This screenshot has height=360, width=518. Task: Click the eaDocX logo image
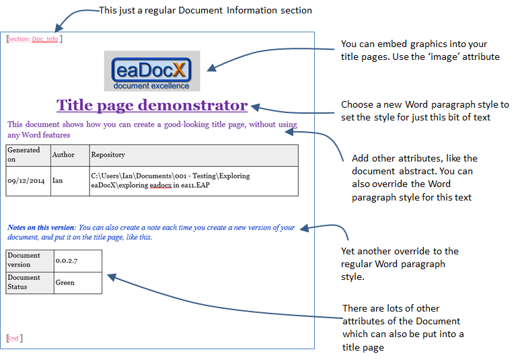(x=152, y=71)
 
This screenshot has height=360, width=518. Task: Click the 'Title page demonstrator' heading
(x=152, y=106)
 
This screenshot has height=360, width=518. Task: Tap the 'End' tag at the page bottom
(x=15, y=338)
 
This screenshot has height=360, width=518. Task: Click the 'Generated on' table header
(x=28, y=155)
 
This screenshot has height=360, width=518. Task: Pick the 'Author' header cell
(x=70, y=155)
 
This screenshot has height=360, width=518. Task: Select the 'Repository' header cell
(x=194, y=155)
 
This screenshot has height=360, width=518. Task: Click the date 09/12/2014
(x=26, y=181)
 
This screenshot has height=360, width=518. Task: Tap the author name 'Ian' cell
(x=57, y=180)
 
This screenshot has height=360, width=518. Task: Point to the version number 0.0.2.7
(x=67, y=260)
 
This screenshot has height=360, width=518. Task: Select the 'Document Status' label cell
(x=30, y=283)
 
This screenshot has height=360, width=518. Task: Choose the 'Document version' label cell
(x=30, y=260)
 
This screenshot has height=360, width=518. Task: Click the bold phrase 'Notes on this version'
(x=41, y=227)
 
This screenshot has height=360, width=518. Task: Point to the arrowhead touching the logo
(x=211, y=68)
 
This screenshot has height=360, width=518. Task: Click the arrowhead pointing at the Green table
(x=112, y=277)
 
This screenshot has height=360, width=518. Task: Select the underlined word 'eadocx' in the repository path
(x=161, y=185)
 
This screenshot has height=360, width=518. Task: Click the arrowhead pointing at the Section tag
(x=59, y=28)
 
